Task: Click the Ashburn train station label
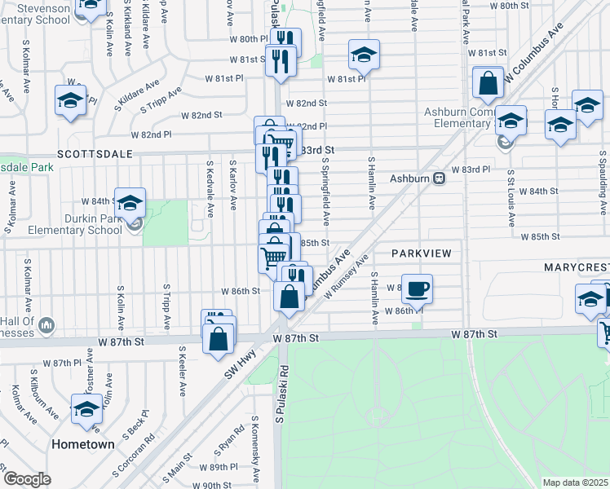[412, 178]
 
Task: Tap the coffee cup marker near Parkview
[417, 289]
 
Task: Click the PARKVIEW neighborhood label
[421, 253]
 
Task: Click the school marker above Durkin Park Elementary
[130, 203]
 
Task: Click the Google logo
[27, 479]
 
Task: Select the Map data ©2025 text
[576, 482]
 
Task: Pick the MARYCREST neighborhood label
[577, 267]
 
